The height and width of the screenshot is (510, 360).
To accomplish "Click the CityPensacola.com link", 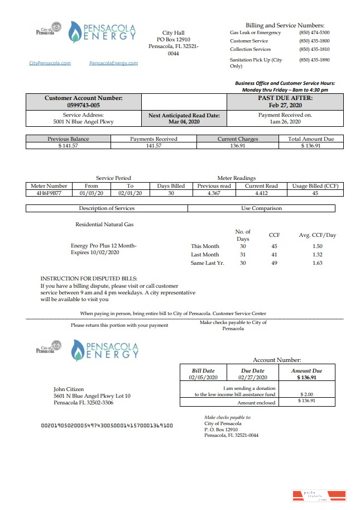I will [x=50, y=63].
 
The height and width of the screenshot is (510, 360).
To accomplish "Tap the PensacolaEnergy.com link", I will [x=113, y=63].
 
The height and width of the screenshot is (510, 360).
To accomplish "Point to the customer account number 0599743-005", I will [x=83, y=105].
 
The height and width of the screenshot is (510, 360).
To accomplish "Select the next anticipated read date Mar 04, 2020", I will [x=184, y=121].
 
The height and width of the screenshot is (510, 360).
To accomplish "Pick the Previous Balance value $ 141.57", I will [x=69, y=146].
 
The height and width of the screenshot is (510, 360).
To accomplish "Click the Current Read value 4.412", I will [x=262, y=193].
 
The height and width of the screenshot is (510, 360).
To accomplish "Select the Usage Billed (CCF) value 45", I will [x=315, y=193].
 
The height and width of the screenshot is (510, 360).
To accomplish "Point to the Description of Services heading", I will [x=107, y=208].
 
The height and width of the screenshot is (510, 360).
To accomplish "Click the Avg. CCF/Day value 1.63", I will [x=318, y=263].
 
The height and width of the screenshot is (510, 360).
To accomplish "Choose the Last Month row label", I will [x=205, y=254].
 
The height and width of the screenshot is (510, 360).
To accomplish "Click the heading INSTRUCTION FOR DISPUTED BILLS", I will [x=89, y=278].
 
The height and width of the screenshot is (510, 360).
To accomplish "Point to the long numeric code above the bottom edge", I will [x=107, y=425].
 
